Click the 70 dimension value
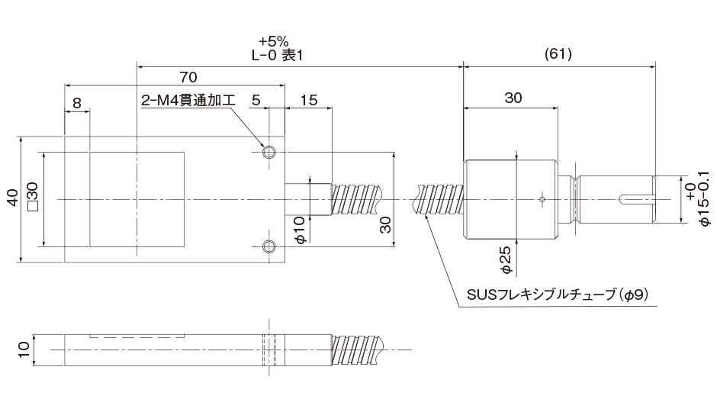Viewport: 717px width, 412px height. (x=188, y=76)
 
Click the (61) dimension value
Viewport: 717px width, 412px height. (x=559, y=54)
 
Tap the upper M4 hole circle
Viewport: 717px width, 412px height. (x=268, y=152)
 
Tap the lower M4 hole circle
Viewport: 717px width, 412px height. (x=268, y=246)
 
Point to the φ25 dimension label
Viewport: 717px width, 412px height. (x=506, y=259)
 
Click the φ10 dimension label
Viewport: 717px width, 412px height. (x=300, y=229)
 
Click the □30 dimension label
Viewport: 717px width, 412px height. (x=33, y=199)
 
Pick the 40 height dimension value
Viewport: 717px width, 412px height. (x=11, y=199)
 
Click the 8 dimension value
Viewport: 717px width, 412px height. (x=77, y=101)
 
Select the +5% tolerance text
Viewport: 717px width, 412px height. (x=272, y=41)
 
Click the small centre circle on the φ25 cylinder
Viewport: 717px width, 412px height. (x=541, y=200)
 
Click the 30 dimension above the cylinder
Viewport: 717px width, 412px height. (x=513, y=98)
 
